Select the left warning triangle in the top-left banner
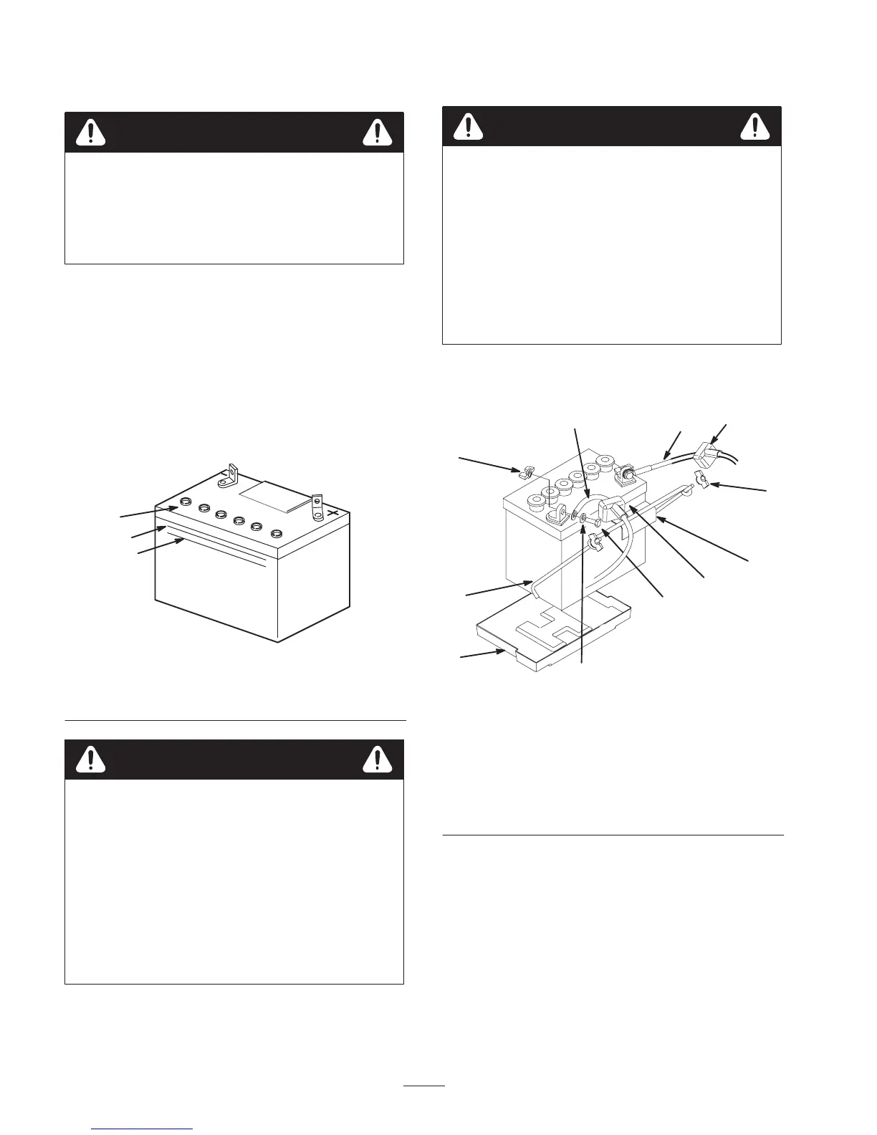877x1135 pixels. [92, 132]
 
